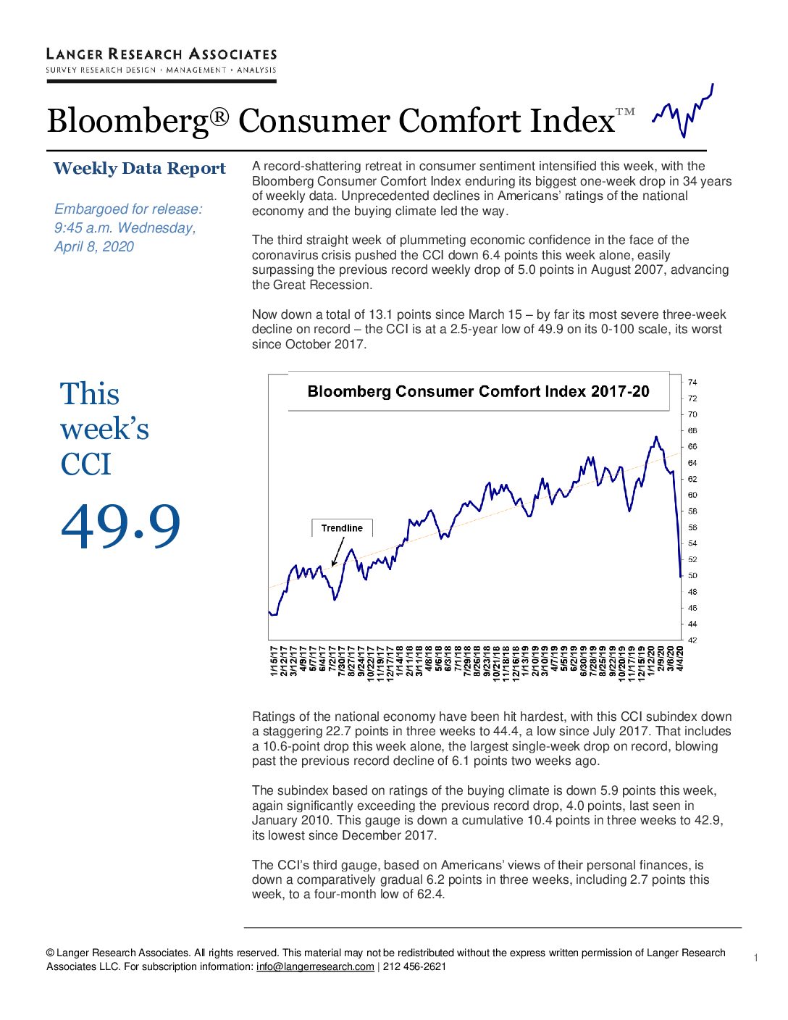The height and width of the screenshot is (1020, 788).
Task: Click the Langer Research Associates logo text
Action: [x=161, y=54]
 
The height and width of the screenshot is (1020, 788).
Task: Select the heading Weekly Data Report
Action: [x=139, y=169]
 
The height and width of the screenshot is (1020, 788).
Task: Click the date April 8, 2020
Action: [x=94, y=246]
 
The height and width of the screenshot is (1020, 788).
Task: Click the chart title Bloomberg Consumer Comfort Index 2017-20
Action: [x=478, y=391]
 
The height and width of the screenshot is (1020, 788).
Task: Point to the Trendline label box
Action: [x=342, y=527]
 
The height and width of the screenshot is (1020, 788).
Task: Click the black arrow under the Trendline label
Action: [x=338, y=552]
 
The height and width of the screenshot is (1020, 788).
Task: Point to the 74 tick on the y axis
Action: [x=692, y=382]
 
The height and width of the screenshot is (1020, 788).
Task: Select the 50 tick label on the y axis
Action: [x=692, y=575]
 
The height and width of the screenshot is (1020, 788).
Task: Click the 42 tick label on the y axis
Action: [x=692, y=640]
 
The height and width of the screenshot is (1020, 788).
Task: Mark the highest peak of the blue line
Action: [x=656, y=437]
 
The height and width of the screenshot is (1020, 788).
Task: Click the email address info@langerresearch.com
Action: [x=315, y=966]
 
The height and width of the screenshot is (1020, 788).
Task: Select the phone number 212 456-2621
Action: [x=414, y=966]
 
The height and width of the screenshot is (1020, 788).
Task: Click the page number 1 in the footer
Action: [x=755, y=958]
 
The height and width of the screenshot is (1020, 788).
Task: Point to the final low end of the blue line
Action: [x=681, y=576]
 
